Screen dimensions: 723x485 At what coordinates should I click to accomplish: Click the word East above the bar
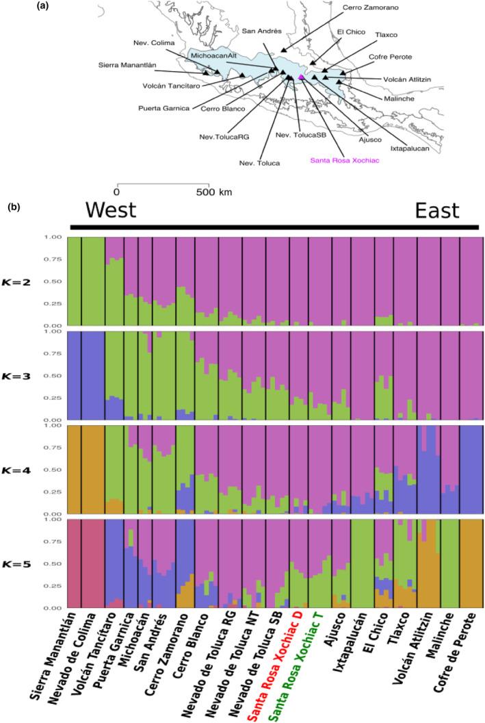pyautogui.click(x=438, y=211)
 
